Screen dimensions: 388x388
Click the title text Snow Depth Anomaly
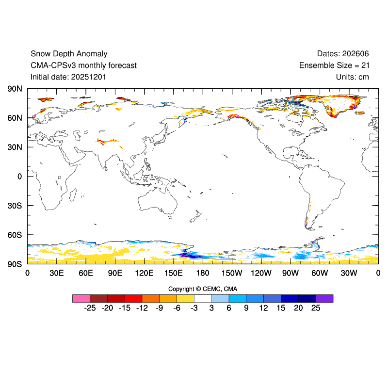pos(69,54)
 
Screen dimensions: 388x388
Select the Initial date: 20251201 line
pos(68,77)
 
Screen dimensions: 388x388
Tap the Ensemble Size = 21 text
pos(334,65)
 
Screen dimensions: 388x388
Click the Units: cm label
pos(353,77)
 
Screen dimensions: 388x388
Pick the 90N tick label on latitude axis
pos(15,89)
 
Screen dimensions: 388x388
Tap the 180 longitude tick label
pos(203,273)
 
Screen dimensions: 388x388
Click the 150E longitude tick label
pos(174,273)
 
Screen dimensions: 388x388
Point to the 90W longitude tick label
pos(291,273)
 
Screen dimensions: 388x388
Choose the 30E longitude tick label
pos(57,273)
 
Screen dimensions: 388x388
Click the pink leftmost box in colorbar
pos(81,298)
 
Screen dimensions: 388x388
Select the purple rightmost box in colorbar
pos(324,298)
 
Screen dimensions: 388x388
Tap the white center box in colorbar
pos(203,298)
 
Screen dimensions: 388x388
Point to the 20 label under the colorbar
pos(298,308)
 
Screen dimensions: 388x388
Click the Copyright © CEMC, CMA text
pos(203,289)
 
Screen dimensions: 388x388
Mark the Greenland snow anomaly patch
pos(339,104)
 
